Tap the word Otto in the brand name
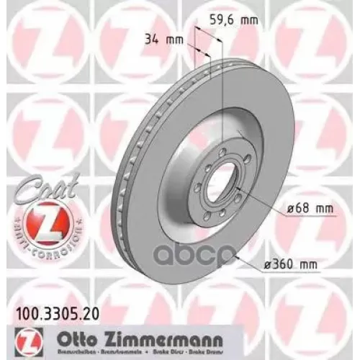point(74,333)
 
